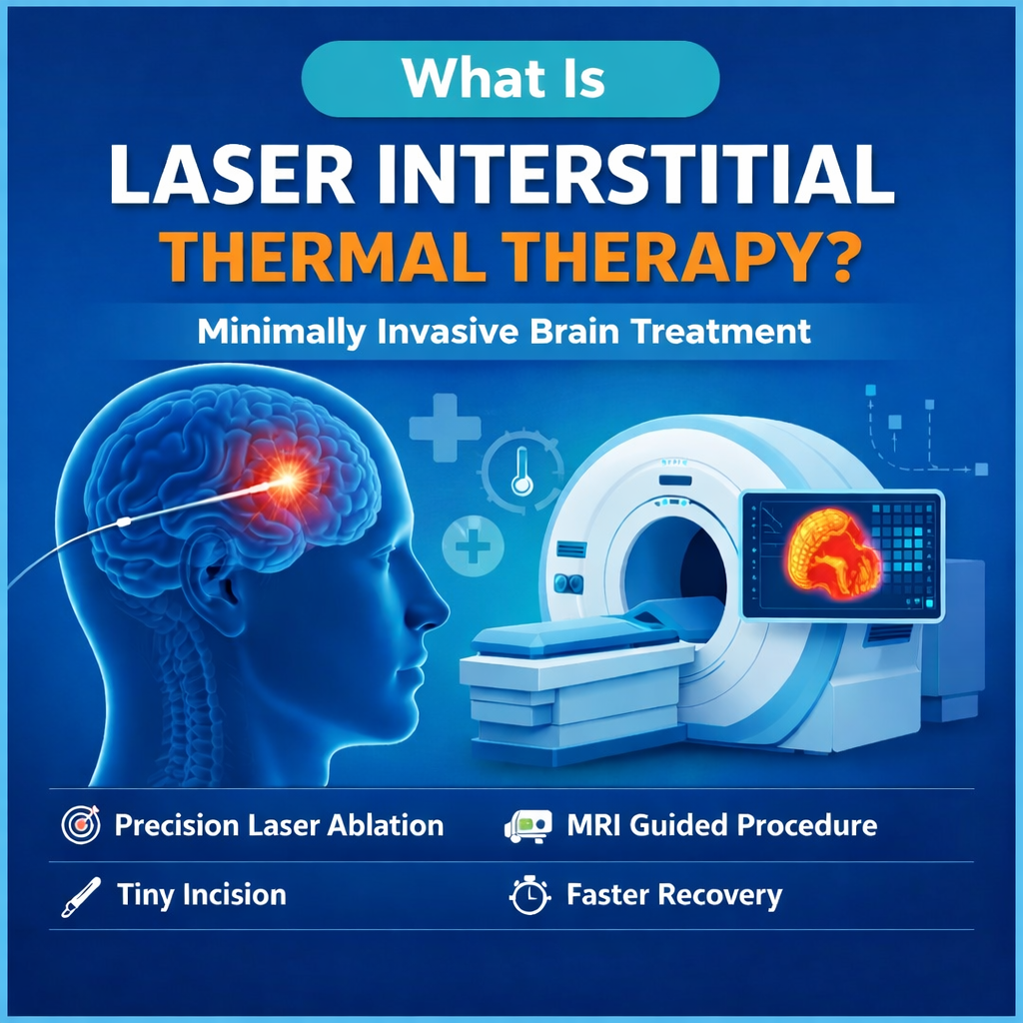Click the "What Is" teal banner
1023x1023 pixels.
coord(510,80)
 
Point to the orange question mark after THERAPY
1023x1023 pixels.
coord(838,262)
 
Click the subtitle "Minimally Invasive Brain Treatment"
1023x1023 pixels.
coord(505,331)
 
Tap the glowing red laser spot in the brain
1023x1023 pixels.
coord(290,483)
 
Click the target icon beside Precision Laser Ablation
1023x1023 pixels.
coord(81,826)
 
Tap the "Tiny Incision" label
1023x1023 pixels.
coord(201,894)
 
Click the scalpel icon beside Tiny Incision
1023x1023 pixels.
coord(80,895)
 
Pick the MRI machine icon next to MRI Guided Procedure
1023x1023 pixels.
coord(527,826)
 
